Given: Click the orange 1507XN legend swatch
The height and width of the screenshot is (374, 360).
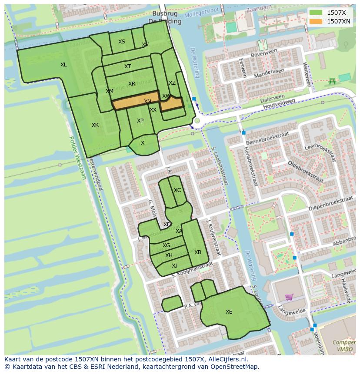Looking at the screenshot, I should tap(316, 21).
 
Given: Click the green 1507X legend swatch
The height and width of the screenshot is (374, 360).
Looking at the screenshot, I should tap(316, 13).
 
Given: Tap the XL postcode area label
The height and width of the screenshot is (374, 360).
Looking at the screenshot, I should tap(63, 65).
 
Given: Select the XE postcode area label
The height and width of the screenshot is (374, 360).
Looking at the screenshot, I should tap(229, 311).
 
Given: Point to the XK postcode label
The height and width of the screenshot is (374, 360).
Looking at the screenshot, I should tap(95, 125).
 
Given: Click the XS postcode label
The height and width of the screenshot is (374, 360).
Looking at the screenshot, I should tap(122, 42).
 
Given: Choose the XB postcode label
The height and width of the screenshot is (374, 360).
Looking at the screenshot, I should tap(198, 252).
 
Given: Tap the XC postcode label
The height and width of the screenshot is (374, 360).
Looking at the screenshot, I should tap(177, 190).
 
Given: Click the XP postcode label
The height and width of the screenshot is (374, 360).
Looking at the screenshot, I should tap(140, 121).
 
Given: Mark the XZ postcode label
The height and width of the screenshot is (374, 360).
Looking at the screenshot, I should tap(172, 83).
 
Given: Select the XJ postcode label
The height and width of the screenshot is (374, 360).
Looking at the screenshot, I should tap(174, 266).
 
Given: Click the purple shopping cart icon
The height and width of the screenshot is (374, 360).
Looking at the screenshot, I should tap(289, 297).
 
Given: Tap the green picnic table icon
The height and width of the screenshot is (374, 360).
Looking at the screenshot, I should tap(333, 81).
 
